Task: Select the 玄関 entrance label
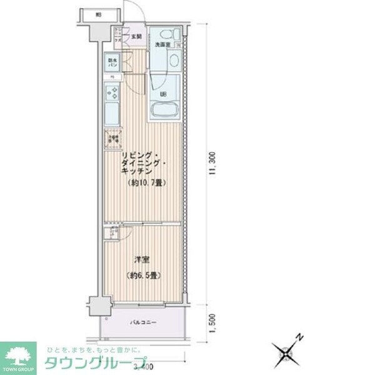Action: click(x=136, y=36)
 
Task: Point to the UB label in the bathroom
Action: click(x=164, y=94)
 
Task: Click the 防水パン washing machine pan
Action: click(x=113, y=63)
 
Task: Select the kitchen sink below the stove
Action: click(x=113, y=114)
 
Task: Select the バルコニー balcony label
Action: click(x=143, y=322)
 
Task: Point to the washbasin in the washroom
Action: click(x=172, y=61)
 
